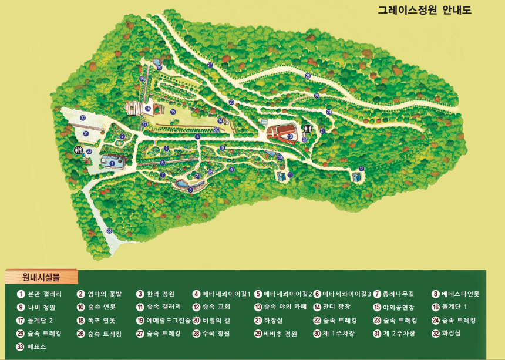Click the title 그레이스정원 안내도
tap(425, 11)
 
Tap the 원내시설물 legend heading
tap(41, 277)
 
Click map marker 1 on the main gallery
tap(112, 163)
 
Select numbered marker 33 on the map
tap(109, 231)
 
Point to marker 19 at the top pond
tap(159, 68)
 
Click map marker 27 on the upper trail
tap(210, 65)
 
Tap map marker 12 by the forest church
tap(361, 169)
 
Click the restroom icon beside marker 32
tap(78, 150)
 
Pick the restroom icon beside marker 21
tap(307, 129)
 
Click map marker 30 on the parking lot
tap(83, 118)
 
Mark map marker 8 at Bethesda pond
tap(190, 189)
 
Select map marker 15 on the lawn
tap(173, 111)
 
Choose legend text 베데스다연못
tap(460, 294)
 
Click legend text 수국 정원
tap(216, 334)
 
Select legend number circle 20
tap(197, 321)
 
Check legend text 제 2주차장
tap(399, 334)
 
